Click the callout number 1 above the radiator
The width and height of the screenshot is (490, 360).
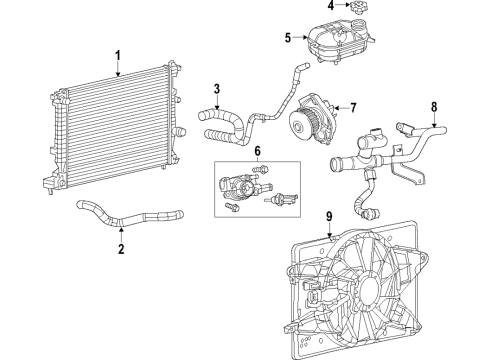point(117,55)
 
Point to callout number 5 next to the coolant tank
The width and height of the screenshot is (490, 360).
point(287,39)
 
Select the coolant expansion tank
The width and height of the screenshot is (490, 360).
point(336,45)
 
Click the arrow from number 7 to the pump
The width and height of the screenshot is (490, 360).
point(339,107)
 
